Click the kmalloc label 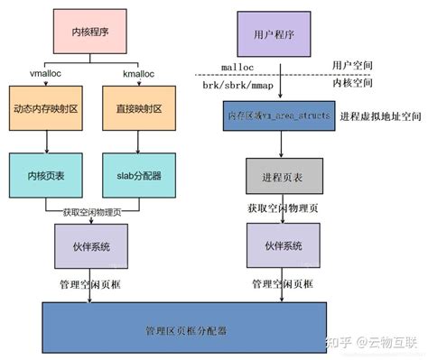[138, 72]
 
